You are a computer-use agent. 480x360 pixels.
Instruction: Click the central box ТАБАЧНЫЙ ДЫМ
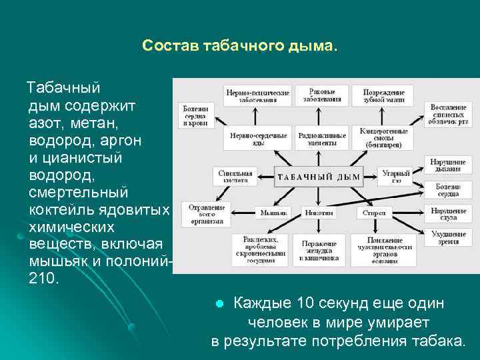pyautogui.click(x=319, y=177)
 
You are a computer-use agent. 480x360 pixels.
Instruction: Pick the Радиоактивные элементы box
pyautogui.click(x=322, y=139)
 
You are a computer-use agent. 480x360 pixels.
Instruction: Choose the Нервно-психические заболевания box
pyautogui.click(x=258, y=96)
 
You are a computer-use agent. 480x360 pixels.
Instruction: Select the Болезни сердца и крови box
pyautogui.click(x=195, y=115)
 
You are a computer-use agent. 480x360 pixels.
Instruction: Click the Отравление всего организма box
pyautogui.click(x=207, y=215)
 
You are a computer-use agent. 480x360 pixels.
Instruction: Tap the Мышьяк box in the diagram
pyautogui.click(x=269, y=213)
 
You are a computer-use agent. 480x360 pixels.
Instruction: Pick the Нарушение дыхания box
pyautogui.click(x=447, y=165)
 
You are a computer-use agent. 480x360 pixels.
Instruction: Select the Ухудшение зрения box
pyautogui.click(x=447, y=238)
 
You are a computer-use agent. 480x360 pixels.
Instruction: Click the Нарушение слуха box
pyautogui.click(x=447, y=214)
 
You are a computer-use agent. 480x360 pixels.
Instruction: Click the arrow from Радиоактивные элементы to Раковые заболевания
pyautogui.click(x=323, y=117)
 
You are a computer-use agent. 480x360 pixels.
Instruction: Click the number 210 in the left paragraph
pyautogui.click(x=44, y=277)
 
